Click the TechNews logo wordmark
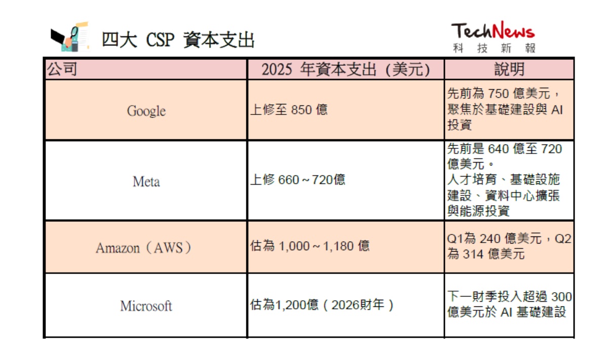point(493,30)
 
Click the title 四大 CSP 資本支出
point(178,40)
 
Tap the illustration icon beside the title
point(70,36)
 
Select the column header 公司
point(62,69)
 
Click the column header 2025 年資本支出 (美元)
point(346,69)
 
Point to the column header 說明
point(509,69)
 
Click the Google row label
point(146,111)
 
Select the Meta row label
point(146,181)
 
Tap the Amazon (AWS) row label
point(143,248)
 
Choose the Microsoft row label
point(146,306)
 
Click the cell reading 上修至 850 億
point(289,110)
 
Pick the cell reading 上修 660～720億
point(298,180)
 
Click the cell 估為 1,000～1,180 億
point(310,246)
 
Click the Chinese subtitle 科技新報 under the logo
point(495,48)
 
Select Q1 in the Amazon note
point(455,238)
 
